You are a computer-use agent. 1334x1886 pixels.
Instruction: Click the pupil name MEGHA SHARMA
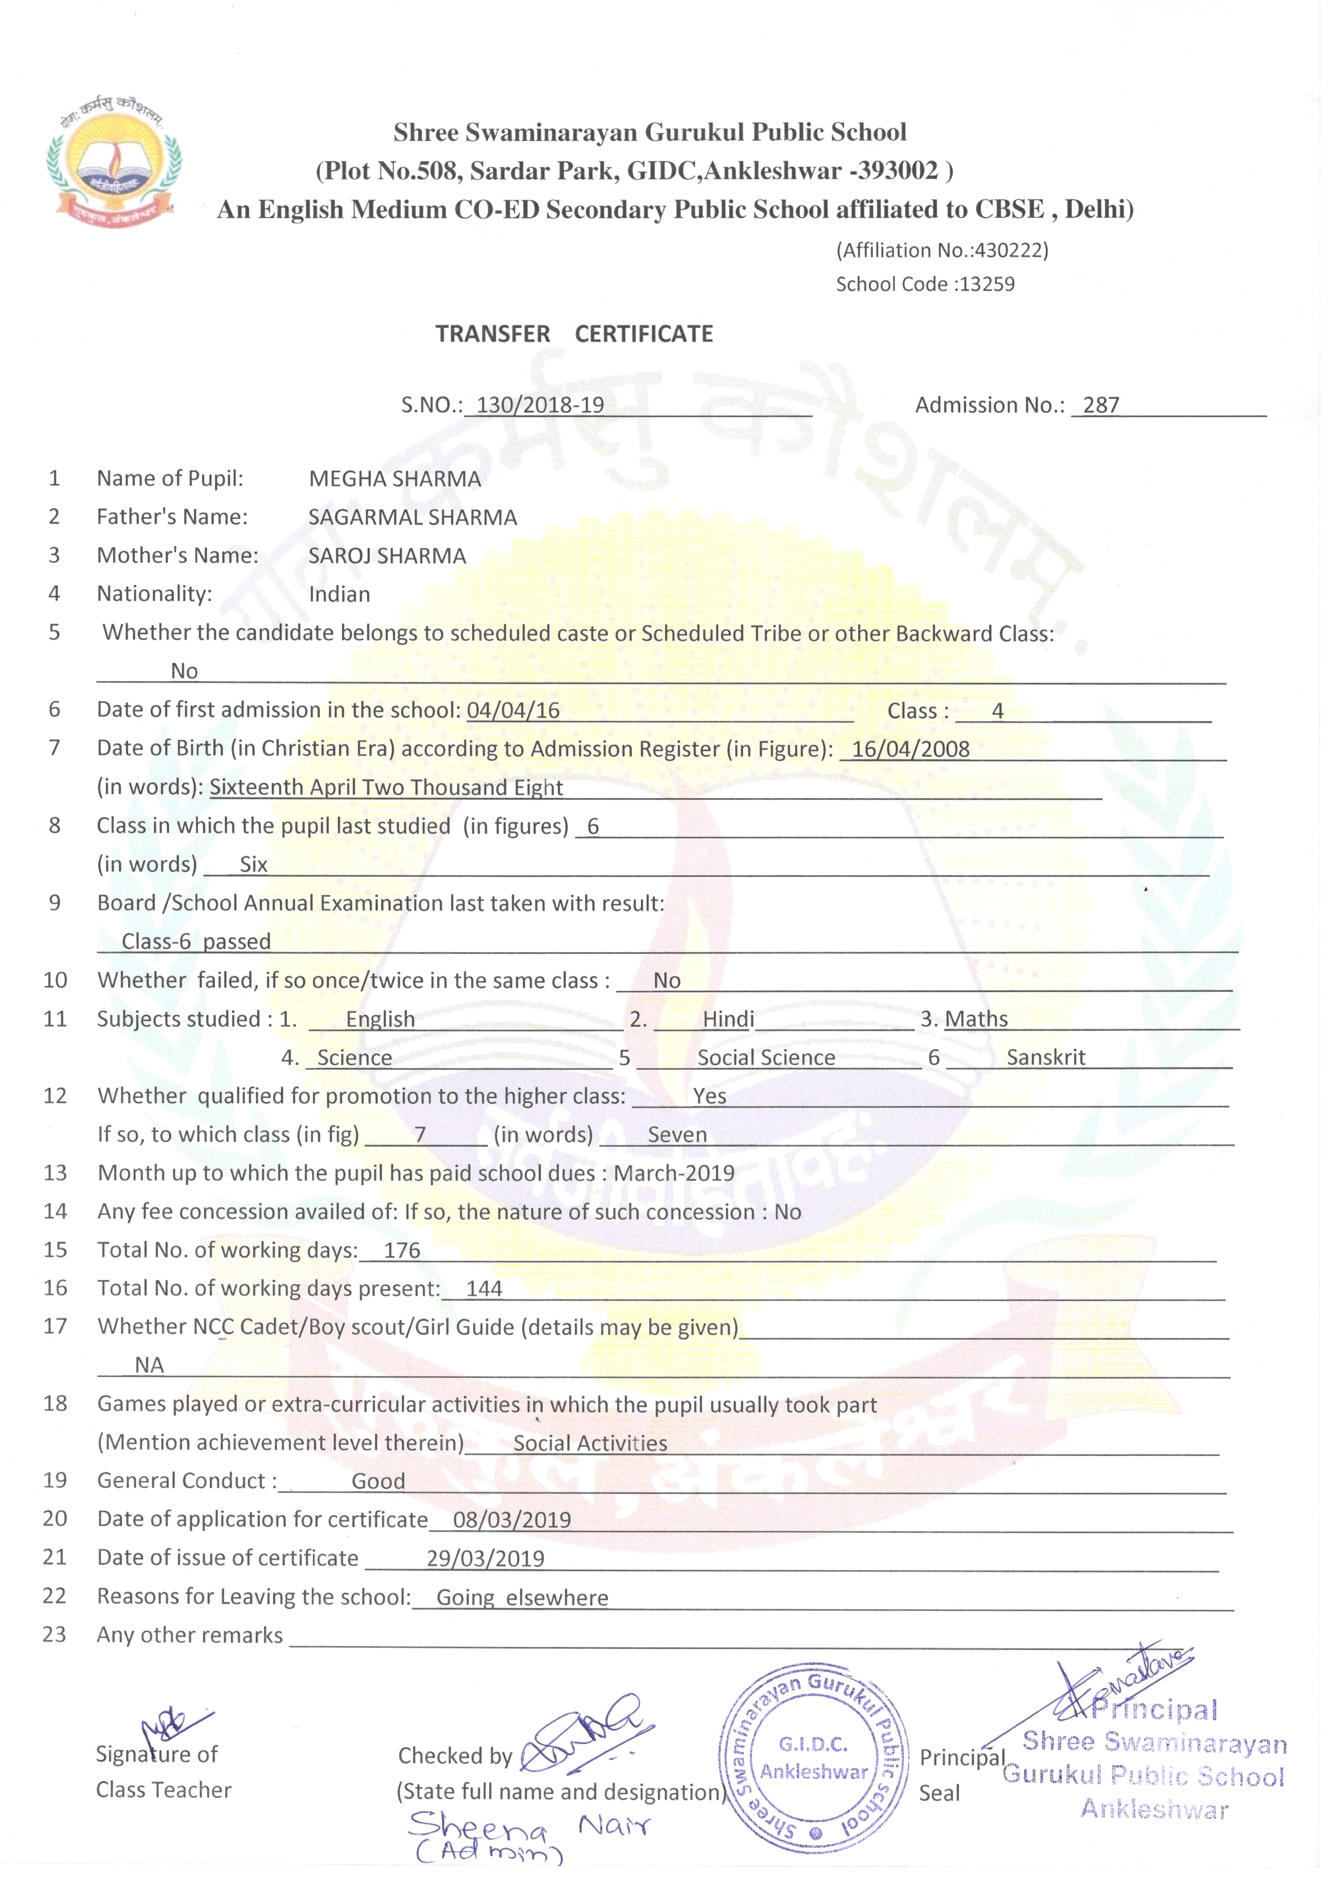(x=394, y=479)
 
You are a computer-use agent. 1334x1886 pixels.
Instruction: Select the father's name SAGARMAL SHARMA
(x=412, y=518)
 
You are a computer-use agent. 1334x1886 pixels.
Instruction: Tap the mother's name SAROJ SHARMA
(x=387, y=556)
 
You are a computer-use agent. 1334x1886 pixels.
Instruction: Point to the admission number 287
(x=1101, y=405)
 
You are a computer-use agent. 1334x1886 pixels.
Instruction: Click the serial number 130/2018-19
(x=540, y=405)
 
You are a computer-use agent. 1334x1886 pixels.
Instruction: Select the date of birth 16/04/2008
(x=910, y=749)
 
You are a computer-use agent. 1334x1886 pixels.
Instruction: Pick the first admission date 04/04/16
(x=513, y=710)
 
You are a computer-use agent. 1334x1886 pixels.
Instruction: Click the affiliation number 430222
(x=1010, y=251)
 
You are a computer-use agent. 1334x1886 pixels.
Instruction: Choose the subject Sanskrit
(x=1046, y=1058)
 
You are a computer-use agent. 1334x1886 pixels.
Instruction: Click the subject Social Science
(x=766, y=1058)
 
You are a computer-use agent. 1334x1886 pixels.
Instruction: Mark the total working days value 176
(x=402, y=1251)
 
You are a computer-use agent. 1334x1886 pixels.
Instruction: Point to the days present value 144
(x=484, y=1289)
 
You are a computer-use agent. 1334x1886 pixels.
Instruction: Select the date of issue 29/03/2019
(x=486, y=1559)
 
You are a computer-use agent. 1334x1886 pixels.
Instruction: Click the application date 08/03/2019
(x=512, y=1521)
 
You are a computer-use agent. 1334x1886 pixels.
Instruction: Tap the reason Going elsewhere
(x=522, y=1598)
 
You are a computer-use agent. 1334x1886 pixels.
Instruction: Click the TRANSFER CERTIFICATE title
(x=574, y=334)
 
